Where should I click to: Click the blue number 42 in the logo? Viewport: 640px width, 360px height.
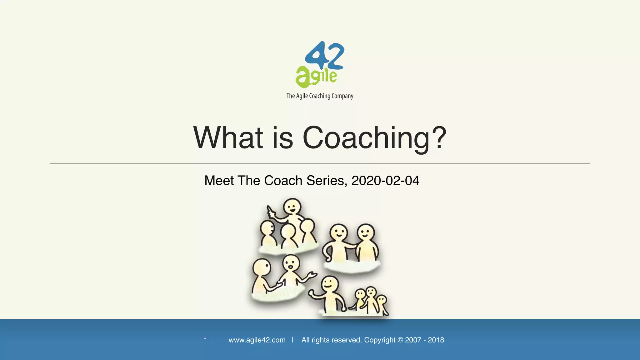tap(325, 56)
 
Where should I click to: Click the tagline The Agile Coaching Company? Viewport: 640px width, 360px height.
tap(320, 96)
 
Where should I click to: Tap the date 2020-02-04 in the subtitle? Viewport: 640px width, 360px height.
tap(385, 181)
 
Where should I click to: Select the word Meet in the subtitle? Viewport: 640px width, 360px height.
tap(219, 181)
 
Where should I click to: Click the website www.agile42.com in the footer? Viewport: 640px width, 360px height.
tap(257, 340)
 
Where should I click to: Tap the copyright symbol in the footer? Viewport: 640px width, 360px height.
tap(400, 340)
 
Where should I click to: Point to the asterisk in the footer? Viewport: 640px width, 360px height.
tap(205, 339)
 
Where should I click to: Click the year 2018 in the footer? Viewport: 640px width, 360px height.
tap(436, 340)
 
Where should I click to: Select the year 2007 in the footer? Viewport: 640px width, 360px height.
tap(413, 340)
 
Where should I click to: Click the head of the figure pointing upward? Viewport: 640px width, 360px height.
tap(292, 207)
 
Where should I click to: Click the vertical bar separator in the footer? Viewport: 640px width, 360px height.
tap(292, 340)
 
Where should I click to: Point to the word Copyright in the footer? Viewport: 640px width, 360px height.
tap(380, 340)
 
